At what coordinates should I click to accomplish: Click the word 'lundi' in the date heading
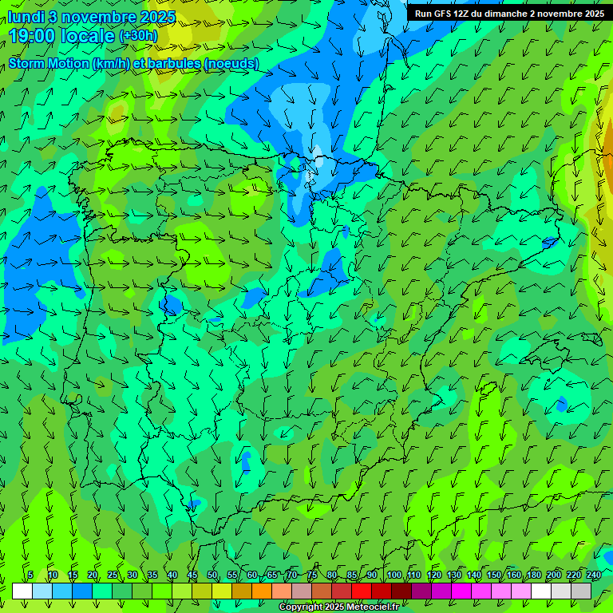pyautogui.click(x=26, y=17)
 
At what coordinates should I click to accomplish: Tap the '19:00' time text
pyautogui.click(x=33, y=36)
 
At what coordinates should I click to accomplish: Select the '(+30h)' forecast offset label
pyautogui.click(x=138, y=36)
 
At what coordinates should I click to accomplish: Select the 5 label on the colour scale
pyautogui.click(x=30, y=575)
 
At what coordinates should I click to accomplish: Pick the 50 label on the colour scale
pyautogui.click(x=212, y=575)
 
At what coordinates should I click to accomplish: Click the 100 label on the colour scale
pyautogui.click(x=394, y=575)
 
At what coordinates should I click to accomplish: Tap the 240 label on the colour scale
pyautogui.click(x=594, y=575)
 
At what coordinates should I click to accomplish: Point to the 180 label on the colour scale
pyautogui.click(x=533, y=575)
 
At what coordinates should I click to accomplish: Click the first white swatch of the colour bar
pyautogui.click(x=22, y=591)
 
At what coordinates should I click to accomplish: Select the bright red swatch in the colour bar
pyautogui.click(x=362, y=591)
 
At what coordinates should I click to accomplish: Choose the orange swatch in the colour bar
pyautogui.click(x=262, y=591)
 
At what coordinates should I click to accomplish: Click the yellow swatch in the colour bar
pyautogui.click(x=222, y=591)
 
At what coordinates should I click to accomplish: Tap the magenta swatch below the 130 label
pyautogui.click(x=461, y=591)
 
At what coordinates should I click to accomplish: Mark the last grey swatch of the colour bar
pyautogui.click(x=581, y=591)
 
